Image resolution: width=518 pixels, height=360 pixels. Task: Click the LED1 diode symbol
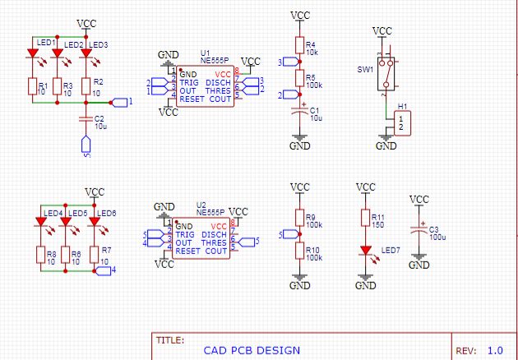[33, 55]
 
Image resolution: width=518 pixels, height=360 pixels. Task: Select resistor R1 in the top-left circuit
[33, 86]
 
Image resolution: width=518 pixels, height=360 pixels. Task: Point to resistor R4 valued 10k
[301, 46]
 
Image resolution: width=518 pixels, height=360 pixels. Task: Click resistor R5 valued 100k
[301, 79]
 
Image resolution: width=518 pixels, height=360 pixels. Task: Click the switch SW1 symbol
[383, 70]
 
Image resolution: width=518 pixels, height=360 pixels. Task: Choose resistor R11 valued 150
[365, 218]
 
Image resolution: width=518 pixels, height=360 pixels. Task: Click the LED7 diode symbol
[365, 250]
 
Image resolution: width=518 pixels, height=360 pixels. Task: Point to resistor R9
[301, 219]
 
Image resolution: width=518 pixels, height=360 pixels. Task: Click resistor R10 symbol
[301, 252]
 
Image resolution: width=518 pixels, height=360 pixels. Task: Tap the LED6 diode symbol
[95, 220]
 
